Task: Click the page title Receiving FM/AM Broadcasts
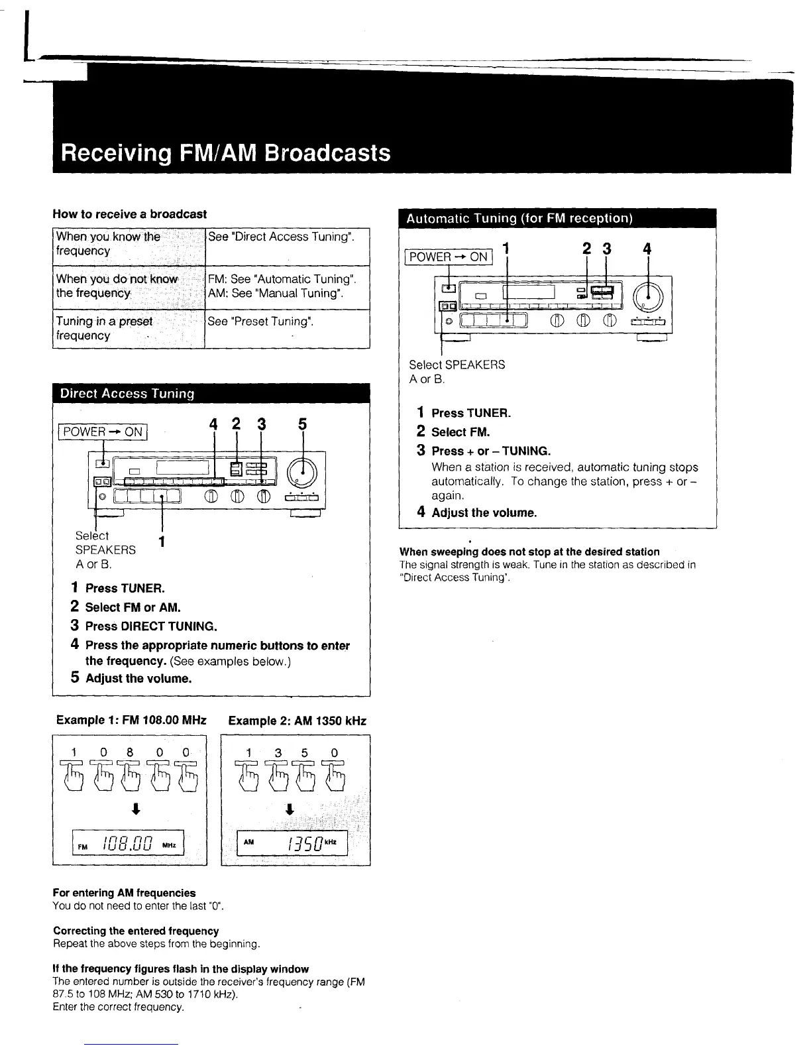225,153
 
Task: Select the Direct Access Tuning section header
127,393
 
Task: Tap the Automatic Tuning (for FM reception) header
519,218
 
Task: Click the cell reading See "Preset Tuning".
260,321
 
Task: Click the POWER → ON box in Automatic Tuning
449,257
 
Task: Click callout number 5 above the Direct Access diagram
302,424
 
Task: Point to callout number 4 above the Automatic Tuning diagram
647,249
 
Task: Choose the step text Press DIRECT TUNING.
151,626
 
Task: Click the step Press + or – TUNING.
491,451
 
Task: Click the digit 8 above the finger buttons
131,752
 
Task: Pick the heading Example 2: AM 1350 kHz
297,721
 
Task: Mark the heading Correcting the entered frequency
136,931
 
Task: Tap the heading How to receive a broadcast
130,214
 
